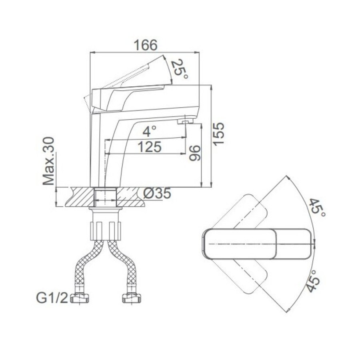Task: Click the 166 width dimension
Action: click(146, 45)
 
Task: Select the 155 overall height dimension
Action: click(218, 134)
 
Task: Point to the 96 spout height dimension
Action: click(195, 153)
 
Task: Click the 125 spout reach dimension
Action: click(149, 147)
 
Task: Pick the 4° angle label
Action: click(150, 131)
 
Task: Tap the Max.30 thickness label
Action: click(49, 161)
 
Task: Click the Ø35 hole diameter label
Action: click(158, 193)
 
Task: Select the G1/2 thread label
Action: click(52, 298)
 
